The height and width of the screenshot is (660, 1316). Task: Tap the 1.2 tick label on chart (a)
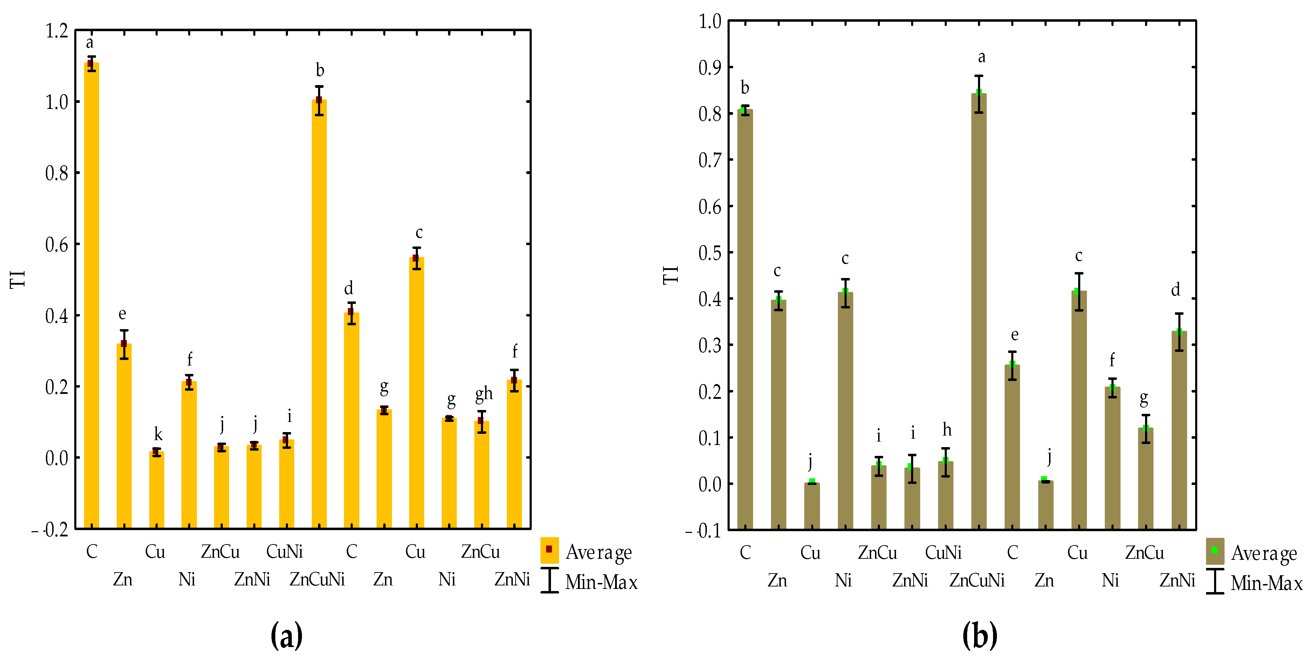coord(57,31)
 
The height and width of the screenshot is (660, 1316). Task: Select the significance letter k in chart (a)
coord(158,434)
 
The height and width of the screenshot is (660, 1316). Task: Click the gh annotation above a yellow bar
coord(483,393)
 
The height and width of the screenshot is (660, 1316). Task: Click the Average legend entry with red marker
coord(587,552)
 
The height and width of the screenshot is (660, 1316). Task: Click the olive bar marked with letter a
coord(978,311)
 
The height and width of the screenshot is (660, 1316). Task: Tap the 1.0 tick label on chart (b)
coord(710,21)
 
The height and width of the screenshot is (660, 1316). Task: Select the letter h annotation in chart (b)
coord(947,430)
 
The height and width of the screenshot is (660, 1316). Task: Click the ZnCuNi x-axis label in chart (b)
coord(976,581)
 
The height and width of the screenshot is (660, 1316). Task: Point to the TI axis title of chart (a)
coord(18,279)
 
